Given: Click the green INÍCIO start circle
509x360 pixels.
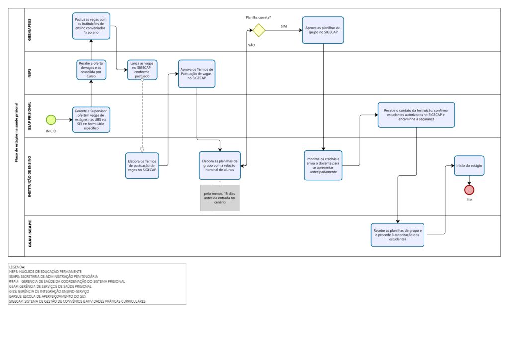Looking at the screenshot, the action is [x=51, y=120].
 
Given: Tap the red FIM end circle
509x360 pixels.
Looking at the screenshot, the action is [x=469, y=190].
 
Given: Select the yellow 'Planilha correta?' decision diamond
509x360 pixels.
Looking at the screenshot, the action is [x=259, y=30].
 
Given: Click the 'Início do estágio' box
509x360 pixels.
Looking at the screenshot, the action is [x=469, y=166].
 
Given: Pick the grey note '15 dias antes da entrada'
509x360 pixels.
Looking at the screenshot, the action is [x=220, y=198].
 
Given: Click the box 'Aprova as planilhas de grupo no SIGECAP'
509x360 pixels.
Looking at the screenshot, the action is [x=323, y=30].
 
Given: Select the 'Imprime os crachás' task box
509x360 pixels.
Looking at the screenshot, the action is [x=323, y=165].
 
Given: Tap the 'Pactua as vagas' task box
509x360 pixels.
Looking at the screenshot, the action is [x=91, y=26].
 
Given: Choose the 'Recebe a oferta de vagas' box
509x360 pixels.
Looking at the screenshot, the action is [x=91, y=70].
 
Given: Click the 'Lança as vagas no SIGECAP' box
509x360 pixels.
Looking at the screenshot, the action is [x=142, y=70].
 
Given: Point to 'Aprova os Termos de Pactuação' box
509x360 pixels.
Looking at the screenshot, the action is [x=197, y=74].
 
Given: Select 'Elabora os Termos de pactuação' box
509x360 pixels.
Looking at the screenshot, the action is [x=142, y=166].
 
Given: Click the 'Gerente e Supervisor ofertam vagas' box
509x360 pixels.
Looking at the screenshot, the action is [x=91, y=120].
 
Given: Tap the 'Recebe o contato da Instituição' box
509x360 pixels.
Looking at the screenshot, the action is [x=416, y=115].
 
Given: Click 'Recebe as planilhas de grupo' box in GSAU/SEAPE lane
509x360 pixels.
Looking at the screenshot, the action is [x=397, y=235].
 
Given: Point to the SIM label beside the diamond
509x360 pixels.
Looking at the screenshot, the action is [x=284, y=27].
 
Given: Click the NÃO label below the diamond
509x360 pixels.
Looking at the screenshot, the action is [x=251, y=45].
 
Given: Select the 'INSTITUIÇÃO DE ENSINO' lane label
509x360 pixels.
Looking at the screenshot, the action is [x=30, y=176].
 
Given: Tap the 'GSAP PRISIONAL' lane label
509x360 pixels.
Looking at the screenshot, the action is [x=30, y=116].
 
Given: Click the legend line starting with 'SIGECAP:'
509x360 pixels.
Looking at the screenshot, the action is [x=77, y=301].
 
